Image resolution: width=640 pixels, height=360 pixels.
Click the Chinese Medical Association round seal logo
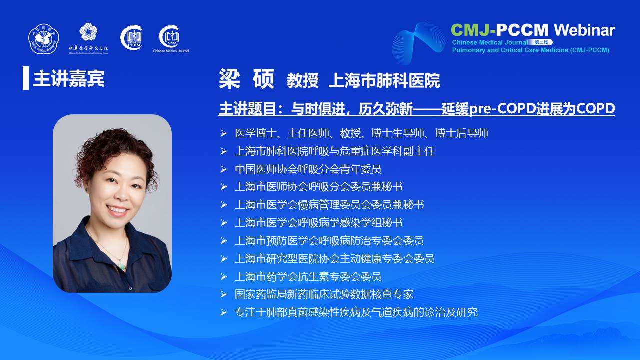tap(44, 39)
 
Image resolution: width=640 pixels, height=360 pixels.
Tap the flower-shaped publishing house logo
tap(88, 31)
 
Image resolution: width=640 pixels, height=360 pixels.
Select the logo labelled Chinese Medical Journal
tap(171, 39)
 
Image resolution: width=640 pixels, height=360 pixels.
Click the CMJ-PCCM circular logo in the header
tap(131, 37)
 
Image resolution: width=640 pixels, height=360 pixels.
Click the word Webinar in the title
tap(584, 30)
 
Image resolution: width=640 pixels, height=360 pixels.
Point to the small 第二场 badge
tap(541, 42)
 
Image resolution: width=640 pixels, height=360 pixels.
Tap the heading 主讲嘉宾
tap(69, 78)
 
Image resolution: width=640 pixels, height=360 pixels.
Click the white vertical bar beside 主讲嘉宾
tap(26, 78)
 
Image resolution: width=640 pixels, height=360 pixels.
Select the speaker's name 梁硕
tap(247, 79)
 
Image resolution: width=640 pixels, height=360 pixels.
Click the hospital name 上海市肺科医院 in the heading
tap(384, 81)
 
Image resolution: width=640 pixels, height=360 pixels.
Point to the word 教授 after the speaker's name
tap(303, 81)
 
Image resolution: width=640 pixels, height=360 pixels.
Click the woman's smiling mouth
tap(117, 210)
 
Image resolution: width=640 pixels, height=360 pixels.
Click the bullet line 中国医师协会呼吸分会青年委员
tap(308, 169)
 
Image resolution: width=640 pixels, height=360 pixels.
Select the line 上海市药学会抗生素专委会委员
tap(308, 276)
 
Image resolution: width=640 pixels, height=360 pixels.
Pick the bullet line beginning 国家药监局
tap(324, 294)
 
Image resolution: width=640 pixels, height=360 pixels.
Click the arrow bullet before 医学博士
tap(223, 133)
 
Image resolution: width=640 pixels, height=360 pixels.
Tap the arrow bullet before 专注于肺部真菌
tap(223, 312)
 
